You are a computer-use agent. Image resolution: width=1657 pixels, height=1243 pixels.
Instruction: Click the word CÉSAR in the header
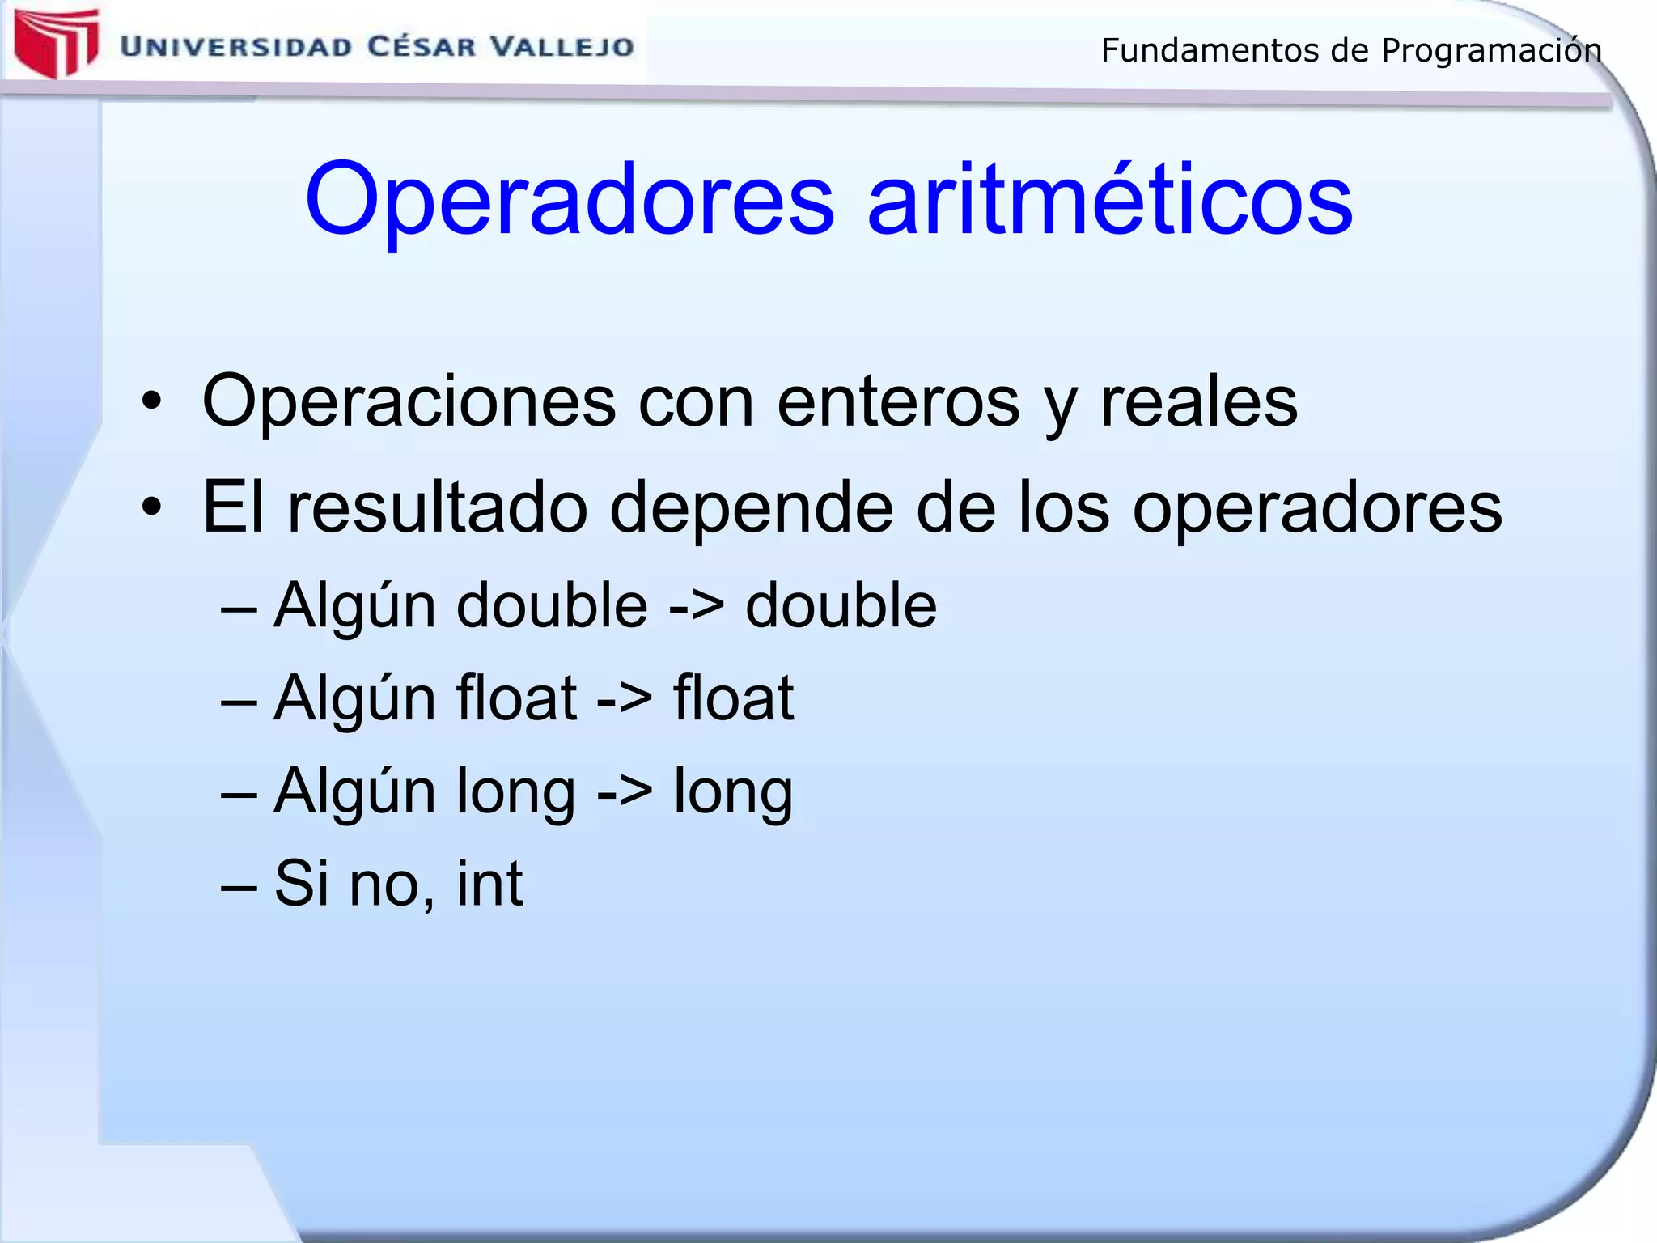coord(422,46)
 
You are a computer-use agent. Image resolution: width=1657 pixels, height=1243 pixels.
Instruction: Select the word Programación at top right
coord(1491,50)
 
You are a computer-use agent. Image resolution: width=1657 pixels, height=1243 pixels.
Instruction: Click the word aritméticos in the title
coord(1109,199)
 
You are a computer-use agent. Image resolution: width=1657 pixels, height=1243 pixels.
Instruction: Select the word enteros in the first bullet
coord(898,402)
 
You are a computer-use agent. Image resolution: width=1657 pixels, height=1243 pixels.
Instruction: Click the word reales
coord(1198,402)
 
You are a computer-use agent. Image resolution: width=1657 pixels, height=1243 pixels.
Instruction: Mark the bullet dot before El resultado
coord(151,507)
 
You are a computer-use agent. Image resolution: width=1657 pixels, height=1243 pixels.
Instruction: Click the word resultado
coord(437,508)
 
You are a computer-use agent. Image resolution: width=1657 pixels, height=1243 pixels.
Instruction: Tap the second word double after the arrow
coord(841,605)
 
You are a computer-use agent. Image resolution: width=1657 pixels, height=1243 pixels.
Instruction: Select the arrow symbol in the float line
coord(624,699)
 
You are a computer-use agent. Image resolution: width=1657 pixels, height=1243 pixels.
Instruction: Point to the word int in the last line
coord(489,884)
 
